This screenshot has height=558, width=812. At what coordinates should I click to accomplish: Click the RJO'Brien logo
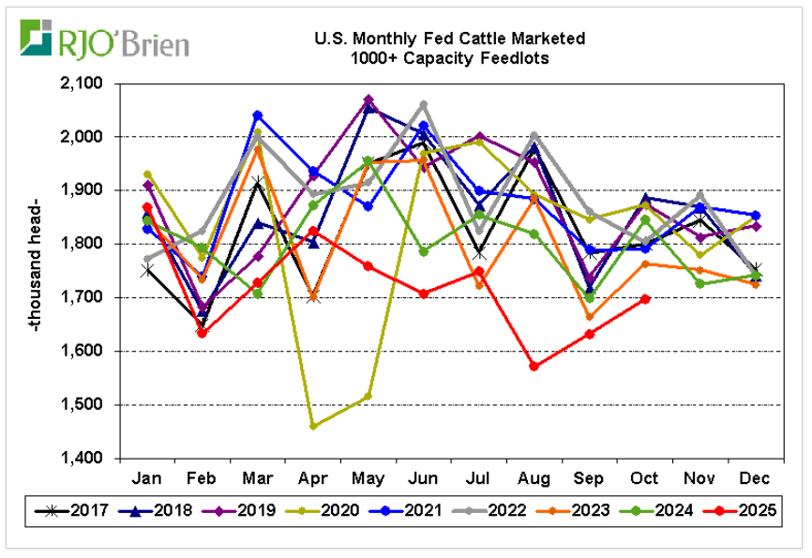[104, 40]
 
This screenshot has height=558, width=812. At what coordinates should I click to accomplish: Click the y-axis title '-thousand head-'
[35, 271]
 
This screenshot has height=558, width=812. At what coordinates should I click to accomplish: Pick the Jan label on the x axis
[147, 476]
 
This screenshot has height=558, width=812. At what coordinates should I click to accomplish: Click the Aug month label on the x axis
[534, 476]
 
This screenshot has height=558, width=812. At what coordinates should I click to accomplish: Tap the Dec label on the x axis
[756, 476]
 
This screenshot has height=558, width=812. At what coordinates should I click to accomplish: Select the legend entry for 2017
[74, 511]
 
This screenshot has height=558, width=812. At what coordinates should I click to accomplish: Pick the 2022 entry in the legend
[489, 511]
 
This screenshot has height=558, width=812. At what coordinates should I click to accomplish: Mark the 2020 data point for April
[313, 426]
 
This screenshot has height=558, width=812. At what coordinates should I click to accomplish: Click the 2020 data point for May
[368, 396]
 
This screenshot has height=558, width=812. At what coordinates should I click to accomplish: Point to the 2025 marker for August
[534, 367]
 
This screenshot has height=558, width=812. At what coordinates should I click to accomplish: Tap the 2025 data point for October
[645, 299]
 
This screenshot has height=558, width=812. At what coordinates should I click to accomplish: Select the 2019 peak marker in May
[368, 99]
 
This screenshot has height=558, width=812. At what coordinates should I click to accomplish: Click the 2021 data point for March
[258, 115]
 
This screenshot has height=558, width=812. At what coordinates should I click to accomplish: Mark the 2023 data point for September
[590, 317]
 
